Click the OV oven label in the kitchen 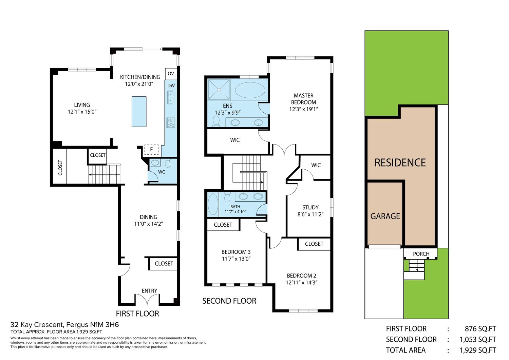coord(171,74)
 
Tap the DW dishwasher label coord(171,86)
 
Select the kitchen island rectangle coord(139,112)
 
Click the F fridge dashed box coord(151,150)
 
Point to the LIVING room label coord(82,105)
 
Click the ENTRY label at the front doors coord(150,291)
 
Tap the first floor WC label coord(162,172)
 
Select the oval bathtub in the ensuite coord(250,90)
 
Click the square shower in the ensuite coord(219,90)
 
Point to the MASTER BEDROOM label coord(304,99)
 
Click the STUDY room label coord(310,207)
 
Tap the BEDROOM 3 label coord(236,252)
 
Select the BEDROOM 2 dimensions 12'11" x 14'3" coord(302,283)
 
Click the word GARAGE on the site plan coord(385,216)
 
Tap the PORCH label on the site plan coord(421,254)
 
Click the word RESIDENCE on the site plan coord(400,163)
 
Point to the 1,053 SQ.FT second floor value coord(478,339)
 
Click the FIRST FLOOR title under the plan coord(137,314)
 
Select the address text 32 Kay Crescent coord(37,325)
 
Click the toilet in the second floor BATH coord(227,197)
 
